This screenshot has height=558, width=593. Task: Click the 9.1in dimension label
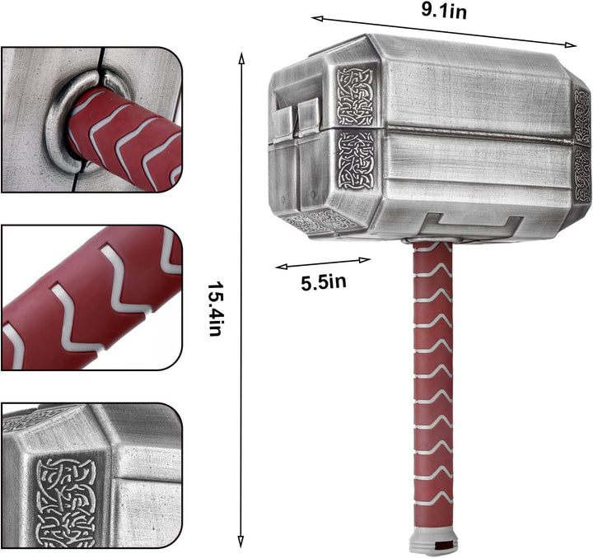(x=444, y=11)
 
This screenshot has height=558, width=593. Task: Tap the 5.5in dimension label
(x=324, y=282)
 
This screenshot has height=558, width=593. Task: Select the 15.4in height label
(x=214, y=309)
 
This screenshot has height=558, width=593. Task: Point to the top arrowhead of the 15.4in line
(x=241, y=58)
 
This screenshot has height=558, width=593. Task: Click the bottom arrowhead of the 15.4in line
(x=240, y=542)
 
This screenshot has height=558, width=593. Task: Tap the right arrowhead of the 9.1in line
(x=570, y=44)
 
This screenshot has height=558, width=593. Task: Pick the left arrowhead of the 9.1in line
(x=317, y=18)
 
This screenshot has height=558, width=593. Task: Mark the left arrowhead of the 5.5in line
(x=282, y=267)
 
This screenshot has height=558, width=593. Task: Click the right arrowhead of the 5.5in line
(x=365, y=260)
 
